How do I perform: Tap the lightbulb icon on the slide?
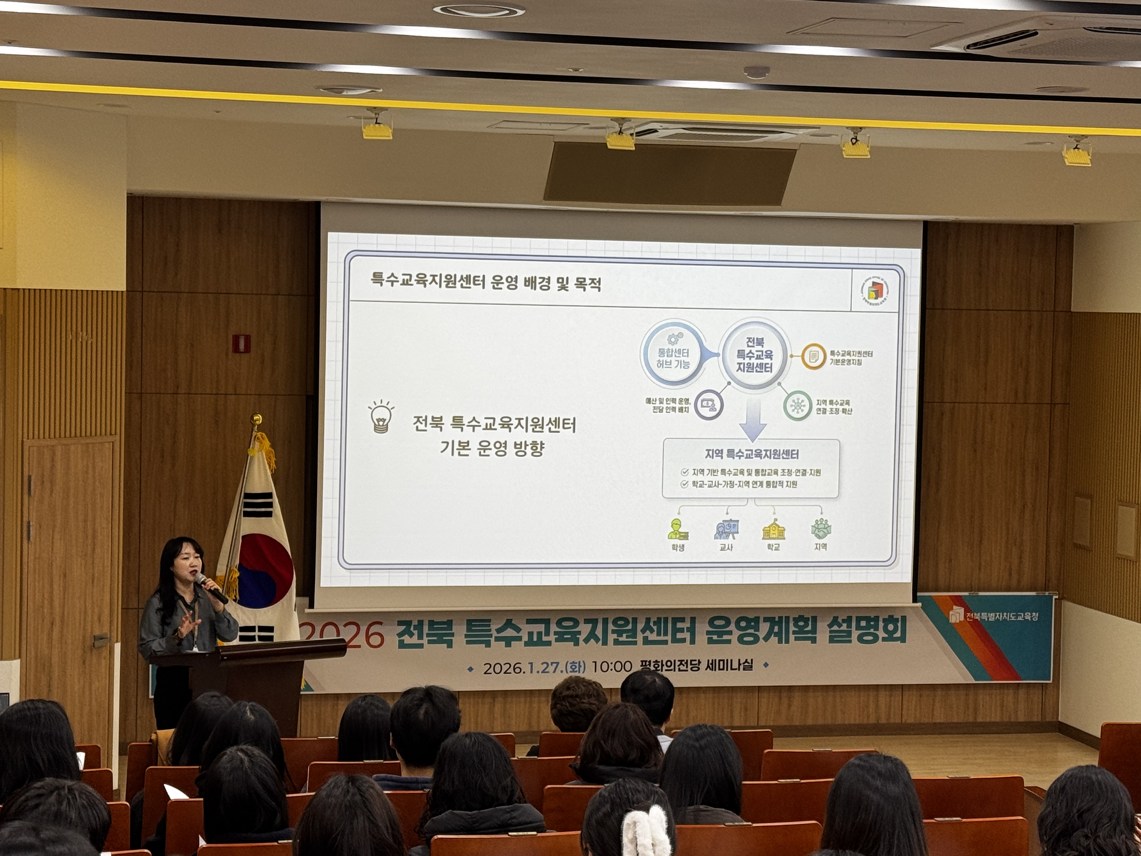point(381,416)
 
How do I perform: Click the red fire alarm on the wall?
point(241,343)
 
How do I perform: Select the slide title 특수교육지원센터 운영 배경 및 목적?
point(486,283)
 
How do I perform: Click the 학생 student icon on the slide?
point(678,529)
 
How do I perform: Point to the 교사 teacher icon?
point(726,529)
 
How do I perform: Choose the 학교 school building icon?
point(773,529)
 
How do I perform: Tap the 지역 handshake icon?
point(821,529)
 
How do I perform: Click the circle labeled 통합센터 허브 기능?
point(673,354)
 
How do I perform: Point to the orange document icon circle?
point(814,356)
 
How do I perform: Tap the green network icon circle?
point(797,406)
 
